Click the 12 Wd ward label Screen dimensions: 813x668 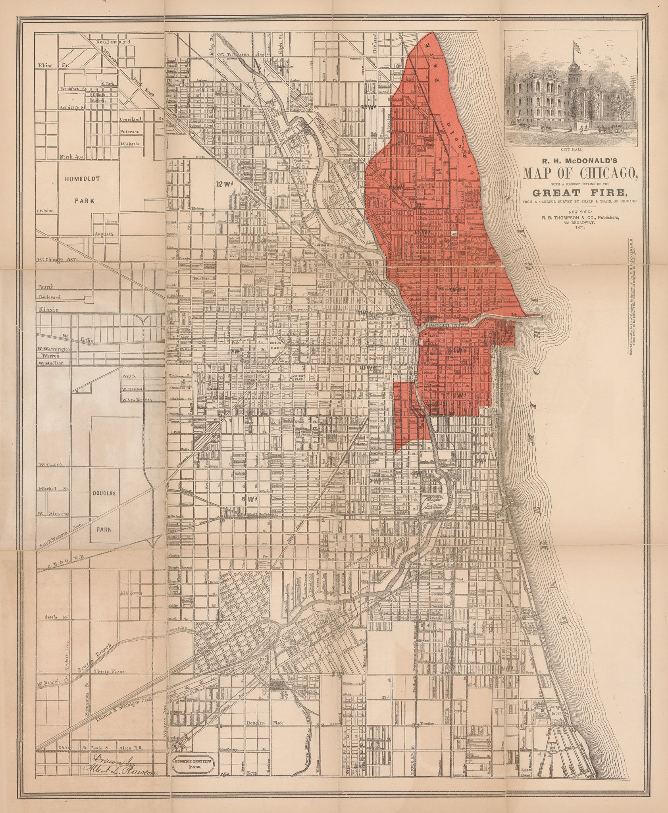point(223,183)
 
